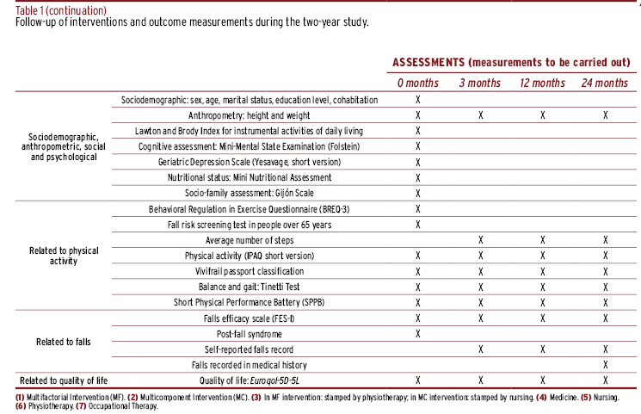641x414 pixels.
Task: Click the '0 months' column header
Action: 418,83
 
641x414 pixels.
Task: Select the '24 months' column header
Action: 605,83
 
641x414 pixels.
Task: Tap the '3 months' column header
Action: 480,83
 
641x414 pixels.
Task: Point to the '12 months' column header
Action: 542,83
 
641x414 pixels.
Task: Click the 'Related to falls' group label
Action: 64,342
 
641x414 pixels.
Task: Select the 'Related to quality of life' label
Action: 64,381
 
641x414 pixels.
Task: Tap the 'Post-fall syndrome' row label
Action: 250,334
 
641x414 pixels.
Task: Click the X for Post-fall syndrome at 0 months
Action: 418,334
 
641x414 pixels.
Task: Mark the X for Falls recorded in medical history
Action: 606,364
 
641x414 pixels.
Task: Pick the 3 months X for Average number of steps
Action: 481,240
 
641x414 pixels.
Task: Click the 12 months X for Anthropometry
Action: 542,115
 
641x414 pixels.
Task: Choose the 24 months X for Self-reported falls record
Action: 606,349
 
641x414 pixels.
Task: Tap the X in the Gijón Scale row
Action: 418,193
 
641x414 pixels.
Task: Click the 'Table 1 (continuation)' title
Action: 61,10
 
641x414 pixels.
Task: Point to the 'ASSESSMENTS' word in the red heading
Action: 428,62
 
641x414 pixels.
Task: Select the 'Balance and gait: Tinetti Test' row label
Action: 249,287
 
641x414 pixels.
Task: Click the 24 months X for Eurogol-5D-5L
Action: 606,380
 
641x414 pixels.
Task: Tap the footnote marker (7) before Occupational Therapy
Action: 81,406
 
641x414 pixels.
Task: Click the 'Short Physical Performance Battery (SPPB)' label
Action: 249,302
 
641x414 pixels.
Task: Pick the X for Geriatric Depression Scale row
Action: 418,163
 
